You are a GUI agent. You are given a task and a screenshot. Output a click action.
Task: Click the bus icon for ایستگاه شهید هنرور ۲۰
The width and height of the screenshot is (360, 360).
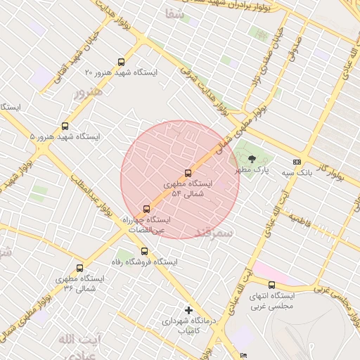(x=122, y=62)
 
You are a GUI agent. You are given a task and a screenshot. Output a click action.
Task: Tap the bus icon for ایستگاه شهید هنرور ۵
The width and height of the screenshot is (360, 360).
(x=65, y=126)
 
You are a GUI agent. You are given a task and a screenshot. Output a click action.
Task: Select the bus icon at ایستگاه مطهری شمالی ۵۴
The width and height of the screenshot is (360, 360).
(x=188, y=173)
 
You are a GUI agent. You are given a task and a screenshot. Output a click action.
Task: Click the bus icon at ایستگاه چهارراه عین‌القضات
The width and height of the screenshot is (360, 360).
(x=146, y=208)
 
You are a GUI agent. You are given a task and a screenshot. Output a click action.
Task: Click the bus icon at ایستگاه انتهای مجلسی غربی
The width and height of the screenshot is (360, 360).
(x=271, y=285)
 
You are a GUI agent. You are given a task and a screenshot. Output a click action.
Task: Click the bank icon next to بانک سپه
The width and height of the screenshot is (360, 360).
(x=296, y=161)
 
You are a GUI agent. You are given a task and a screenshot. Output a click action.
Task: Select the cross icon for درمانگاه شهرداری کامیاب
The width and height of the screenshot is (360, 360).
(x=188, y=310)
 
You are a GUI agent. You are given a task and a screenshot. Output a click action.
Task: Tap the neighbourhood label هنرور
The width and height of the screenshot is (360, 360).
(x=88, y=92)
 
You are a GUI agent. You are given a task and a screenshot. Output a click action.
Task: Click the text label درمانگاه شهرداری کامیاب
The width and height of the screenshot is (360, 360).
(x=181, y=326)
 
